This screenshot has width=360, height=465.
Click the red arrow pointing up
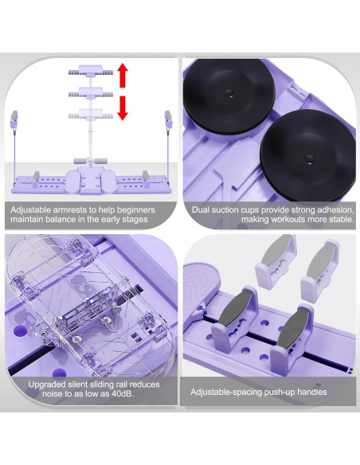pyautogui.click(x=122, y=76)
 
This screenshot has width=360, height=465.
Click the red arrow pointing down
pyautogui.click(x=122, y=108)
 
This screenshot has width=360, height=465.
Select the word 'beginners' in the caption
pyautogui.click(x=136, y=210)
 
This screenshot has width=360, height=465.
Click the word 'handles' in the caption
pyautogui.click(x=312, y=392)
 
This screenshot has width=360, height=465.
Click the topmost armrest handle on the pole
pyautogui.click(x=91, y=72)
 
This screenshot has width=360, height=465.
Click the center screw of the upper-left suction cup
pyautogui.click(x=229, y=92)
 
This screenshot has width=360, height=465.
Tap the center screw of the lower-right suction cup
pyautogui.click(x=310, y=158)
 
